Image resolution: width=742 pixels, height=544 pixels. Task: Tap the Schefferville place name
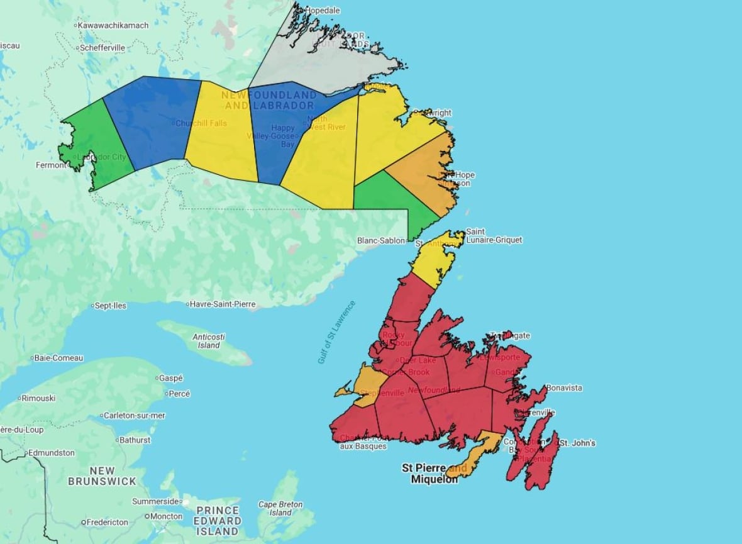(102, 48)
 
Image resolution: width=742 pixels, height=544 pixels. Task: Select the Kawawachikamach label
(113, 25)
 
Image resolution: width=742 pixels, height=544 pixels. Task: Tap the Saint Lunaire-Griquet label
(494, 236)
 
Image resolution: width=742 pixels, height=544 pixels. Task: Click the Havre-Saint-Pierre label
(223, 304)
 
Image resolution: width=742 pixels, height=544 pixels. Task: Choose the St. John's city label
(577, 443)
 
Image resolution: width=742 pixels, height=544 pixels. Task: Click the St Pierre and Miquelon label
(434, 474)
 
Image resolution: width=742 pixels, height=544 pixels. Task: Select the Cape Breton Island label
(280, 509)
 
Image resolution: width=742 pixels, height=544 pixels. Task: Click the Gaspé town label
(170, 378)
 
